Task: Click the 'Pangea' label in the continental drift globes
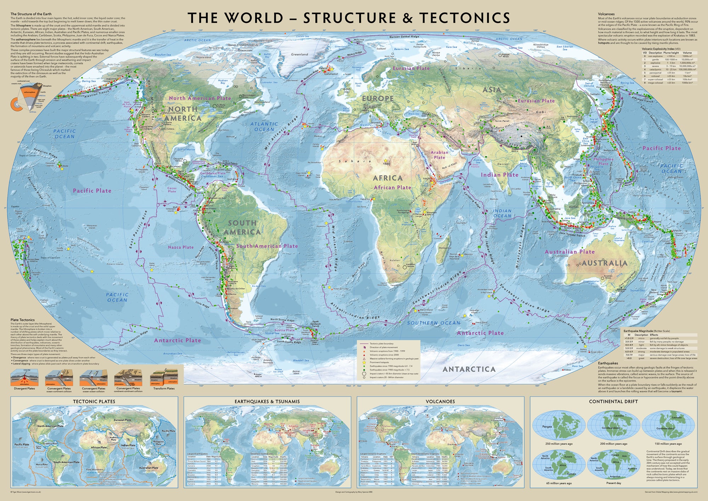(x=547, y=427)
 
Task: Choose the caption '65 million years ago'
(x=559, y=483)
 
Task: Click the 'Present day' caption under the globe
(x=613, y=483)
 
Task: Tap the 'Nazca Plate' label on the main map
(x=181, y=247)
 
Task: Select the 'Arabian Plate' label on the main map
(x=439, y=155)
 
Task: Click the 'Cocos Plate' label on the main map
(x=172, y=190)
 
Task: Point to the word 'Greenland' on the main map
(x=299, y=55)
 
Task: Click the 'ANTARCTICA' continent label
(x=469, y=369)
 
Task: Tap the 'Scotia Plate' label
(x=285, y=330)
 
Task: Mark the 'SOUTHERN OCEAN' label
(x=434, y=323)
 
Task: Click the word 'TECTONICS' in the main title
(x=465, y=18)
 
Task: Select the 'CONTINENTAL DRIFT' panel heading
(x=613, y=401)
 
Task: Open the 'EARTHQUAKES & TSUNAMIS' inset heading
(x=267, y=401)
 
